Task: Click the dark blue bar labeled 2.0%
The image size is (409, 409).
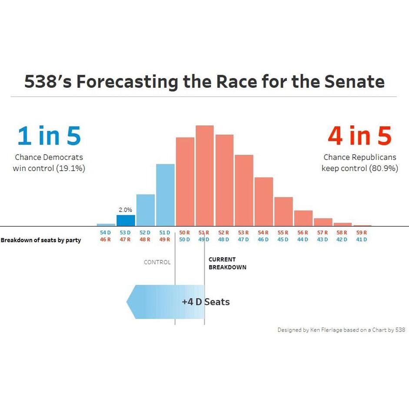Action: pyautogui.click(x=126, y=220)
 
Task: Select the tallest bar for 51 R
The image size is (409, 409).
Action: pyautogui.click(x=205, y=176)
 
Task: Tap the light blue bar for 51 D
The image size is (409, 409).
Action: pyautogui.click(x=165, y=195)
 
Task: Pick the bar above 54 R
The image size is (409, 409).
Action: pyautogui.click(x=264, y=202)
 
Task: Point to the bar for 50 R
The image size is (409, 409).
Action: pyautogui.click(x=185, y=182)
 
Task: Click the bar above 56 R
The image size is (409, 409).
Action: pyautogui.click(x=303, y=218)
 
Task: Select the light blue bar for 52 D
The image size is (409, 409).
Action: pyautogui.click(x=146, y=210)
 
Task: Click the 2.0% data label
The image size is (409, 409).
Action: pyautogui.click(x=125, y=209)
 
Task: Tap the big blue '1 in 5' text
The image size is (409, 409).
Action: pyautogui.click(x=49, y=136)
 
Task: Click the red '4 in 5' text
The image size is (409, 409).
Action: pyautogui.click(x=359, y=136)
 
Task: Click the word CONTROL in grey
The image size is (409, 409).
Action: pyautogui.click(x=157, y=262)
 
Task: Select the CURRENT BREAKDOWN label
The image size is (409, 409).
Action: pyautogui.click(x=227, y=263)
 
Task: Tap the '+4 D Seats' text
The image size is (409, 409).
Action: pyautogui.click(x=206, y=302)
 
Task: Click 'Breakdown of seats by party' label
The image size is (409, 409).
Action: pyautogui.click(x=40, y=240)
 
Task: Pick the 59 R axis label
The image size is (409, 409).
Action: pyautogui.click(x=362, y=233)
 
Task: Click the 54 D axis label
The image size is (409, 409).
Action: pyautogui.click(x=106, y=233)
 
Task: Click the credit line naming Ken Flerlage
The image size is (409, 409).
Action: pyautogui.click(x=341, y=330)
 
